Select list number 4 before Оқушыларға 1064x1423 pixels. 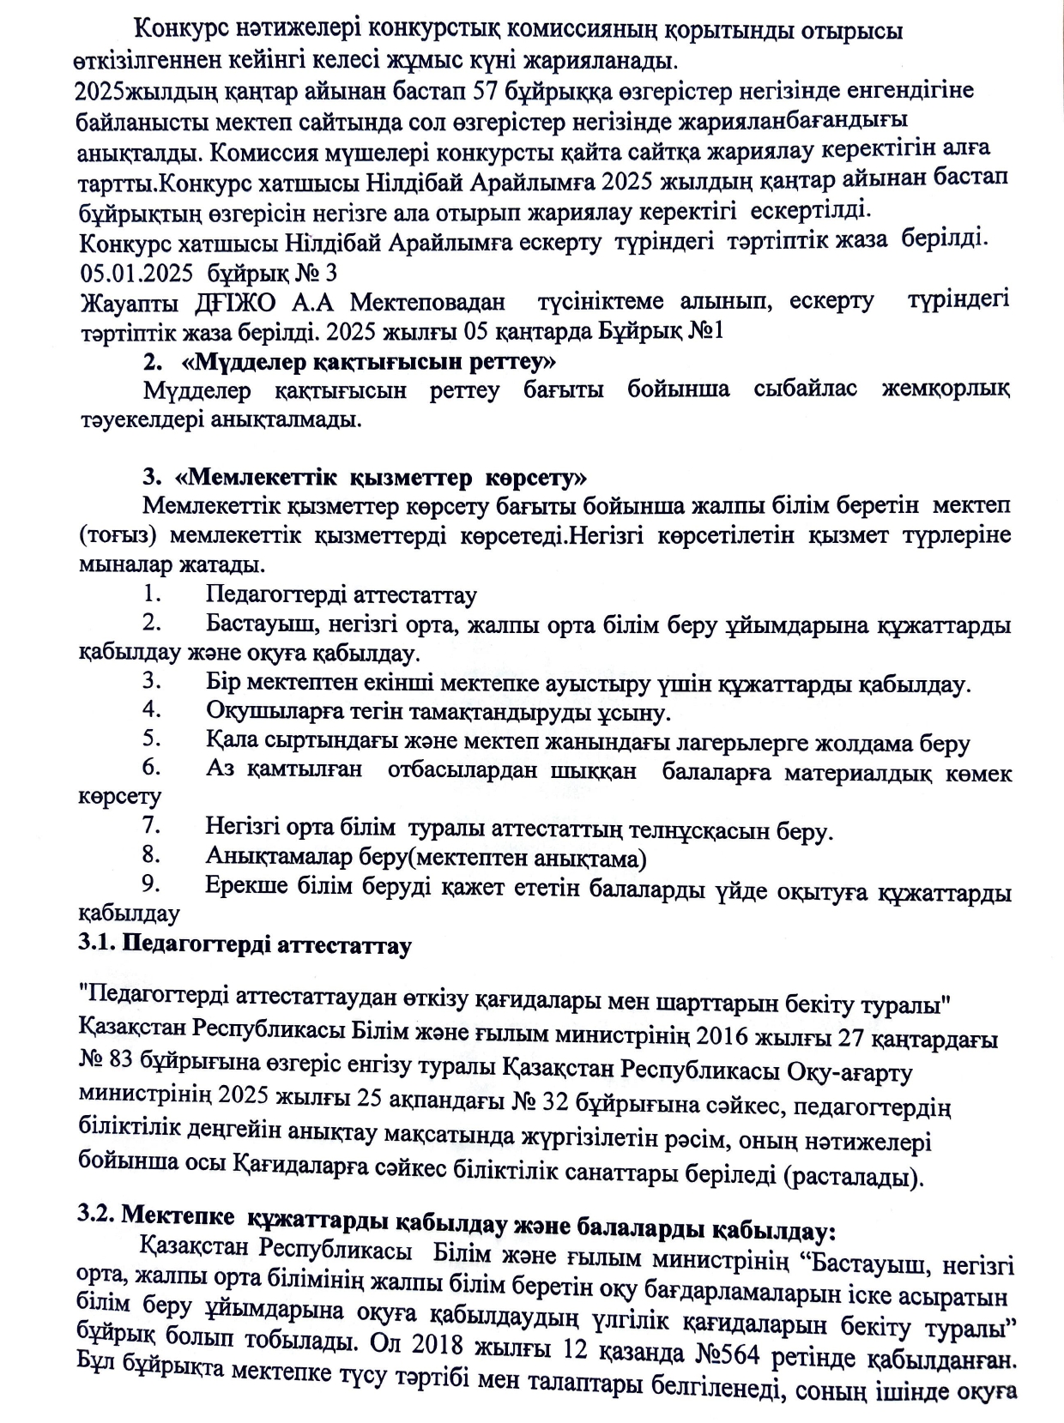[x=153, y=710]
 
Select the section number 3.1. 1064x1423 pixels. [x=96, y=945]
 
